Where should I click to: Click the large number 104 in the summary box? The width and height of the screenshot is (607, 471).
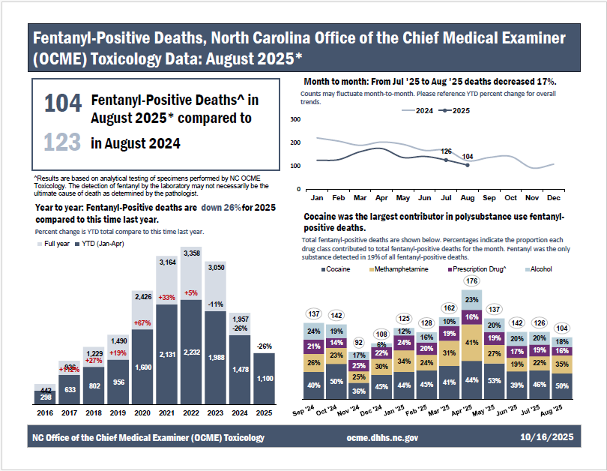pyautogui.click(x=62, y=103)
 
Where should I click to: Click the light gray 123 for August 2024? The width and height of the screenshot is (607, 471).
pyautogui.click(x=62, y=142)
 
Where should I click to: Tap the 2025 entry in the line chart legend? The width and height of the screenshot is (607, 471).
pyautogui.click(x=456, y=110)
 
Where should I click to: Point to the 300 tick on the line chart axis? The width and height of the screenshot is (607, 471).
pyautogui.click(x=295, y=120)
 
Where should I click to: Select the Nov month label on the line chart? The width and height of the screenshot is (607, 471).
pyautogui.click(x=532, y=198)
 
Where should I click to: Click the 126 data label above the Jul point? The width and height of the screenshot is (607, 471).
pyautogui.click(x=446, y=151)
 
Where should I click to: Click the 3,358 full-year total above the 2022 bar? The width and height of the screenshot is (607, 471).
pyautogui.click(x=191, y=253)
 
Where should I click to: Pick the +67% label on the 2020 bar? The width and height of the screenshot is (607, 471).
pyautogui.click(x=143, y=323)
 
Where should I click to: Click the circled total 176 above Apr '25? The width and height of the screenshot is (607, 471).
pyautogui.click(x=471, y=281)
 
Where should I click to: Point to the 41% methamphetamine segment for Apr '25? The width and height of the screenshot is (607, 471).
pyautogui.click(x=471, y=342)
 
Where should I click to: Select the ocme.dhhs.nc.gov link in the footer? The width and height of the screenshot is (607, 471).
pyautogui.click(x=382, y=437)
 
